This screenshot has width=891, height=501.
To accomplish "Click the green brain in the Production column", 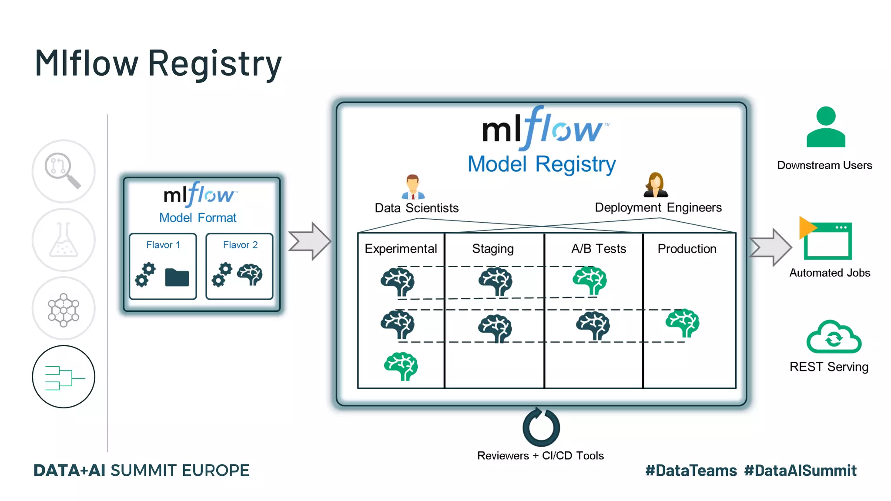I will coord(682,323).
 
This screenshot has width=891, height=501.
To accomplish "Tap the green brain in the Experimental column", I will coord(401,366).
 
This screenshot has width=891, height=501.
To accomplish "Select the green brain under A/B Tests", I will coord(590,281).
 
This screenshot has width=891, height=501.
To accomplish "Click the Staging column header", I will coord(493,249).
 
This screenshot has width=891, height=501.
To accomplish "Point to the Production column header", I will coord(687,249).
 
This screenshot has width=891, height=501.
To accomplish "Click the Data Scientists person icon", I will coord(412,187).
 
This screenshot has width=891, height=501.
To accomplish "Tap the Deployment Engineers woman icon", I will coord(656,185).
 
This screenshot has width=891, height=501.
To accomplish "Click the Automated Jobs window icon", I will coord(827,240).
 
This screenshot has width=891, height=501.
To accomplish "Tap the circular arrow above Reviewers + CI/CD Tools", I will coord(541,427).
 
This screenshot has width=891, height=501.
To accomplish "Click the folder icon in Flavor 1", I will coord(177,277).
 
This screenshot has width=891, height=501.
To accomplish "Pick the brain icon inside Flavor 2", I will coord(250,274).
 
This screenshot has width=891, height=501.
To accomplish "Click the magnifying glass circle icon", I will coord(64,171).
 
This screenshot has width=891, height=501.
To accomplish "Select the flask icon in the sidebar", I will coord(64,240).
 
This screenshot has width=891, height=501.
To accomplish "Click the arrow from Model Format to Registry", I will coord(310,241).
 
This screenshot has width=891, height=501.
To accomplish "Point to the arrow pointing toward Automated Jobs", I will coord(770,247).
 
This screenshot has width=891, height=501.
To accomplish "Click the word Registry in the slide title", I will coord(215,64).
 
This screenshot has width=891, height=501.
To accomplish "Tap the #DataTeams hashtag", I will coord(691,471).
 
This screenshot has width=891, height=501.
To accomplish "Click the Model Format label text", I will coord(198,217).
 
